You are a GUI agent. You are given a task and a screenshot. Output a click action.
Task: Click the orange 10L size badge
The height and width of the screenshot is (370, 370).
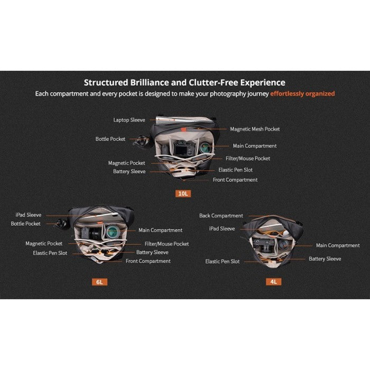tap(183, 194)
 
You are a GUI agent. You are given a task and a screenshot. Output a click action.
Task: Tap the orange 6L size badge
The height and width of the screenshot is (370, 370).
tap(99, 282)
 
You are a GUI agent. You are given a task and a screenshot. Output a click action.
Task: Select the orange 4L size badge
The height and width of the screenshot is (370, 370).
tap(273, 282)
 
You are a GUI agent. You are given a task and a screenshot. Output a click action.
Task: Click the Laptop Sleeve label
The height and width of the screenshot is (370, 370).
tap(129, 120)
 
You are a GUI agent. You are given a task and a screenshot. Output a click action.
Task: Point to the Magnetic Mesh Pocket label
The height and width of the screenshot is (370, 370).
tap(255, 129)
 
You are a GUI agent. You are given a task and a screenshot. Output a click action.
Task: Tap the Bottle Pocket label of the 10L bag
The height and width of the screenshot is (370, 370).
tap(110, 139)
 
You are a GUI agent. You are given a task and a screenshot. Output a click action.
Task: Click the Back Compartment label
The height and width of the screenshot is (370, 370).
tap(221, 216)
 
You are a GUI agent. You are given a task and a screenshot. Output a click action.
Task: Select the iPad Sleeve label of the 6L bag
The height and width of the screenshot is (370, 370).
tap(29, 215)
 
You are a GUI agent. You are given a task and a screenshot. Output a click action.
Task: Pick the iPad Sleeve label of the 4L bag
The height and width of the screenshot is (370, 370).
tap(222, 229)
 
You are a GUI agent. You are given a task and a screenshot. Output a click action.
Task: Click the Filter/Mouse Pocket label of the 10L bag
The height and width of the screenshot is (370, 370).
tap(248, 159)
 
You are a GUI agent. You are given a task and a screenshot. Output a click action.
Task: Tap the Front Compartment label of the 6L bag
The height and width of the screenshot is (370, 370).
tap(148, 261)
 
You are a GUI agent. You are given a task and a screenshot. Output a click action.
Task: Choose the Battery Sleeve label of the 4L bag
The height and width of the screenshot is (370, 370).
tap(325, 259)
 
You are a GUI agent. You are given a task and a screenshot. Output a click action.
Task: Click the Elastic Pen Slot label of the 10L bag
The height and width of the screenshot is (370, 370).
tap(235, 170)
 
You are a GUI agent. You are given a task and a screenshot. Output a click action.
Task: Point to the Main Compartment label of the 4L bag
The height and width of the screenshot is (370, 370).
tap(338, 246)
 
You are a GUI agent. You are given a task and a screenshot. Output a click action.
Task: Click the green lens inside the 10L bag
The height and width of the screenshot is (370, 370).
tap(206, 147)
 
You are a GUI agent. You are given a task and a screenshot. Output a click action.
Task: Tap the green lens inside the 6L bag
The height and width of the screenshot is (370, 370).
tap(113, 232)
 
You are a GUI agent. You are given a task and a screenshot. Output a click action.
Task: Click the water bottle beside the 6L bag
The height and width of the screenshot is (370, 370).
tap(61, 224)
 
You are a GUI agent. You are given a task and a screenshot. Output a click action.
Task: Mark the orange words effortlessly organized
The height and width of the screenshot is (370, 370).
tap(302, 94)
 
